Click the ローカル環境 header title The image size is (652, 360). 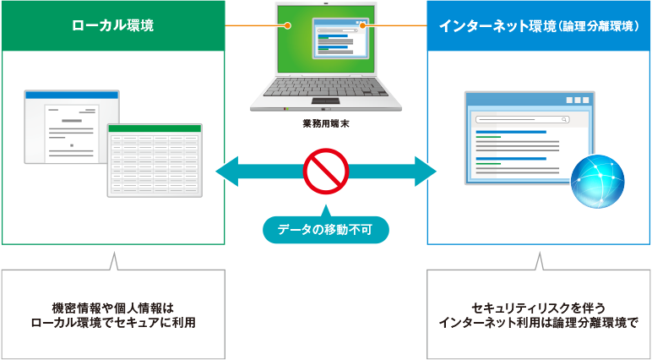point(112,26)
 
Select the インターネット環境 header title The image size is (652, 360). point(539,26)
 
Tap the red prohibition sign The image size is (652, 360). point(326,172)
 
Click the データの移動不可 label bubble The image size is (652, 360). point(326,228)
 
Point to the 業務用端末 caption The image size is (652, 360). point(326,124)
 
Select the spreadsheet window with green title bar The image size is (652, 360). point(155,161)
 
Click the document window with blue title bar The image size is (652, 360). point(72,127)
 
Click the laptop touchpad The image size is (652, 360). point(326,101)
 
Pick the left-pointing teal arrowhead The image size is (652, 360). point(227,172)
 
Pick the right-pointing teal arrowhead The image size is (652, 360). point(426,172)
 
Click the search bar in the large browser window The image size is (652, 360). point(523,119)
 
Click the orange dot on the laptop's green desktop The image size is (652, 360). point(287,26)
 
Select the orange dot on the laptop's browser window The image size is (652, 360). point(362,26)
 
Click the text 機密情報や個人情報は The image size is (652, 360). point(112,308)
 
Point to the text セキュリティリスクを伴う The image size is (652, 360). point(539,308)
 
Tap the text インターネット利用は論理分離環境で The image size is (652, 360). point(539,323)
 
